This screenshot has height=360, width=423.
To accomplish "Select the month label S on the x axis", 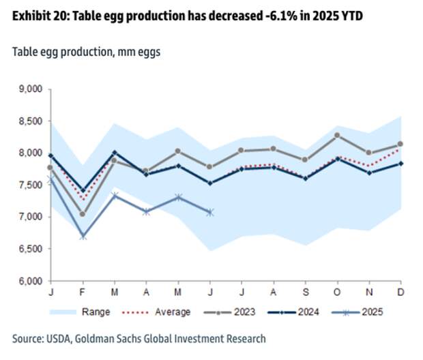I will pos(305,292).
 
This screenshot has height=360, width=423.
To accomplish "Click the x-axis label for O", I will pos(337,292).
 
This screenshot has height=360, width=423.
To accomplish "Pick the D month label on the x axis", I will pos(400,292).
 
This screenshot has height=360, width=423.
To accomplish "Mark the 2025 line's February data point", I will pos(83,236).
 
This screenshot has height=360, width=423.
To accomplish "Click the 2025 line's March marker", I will pos(115,196).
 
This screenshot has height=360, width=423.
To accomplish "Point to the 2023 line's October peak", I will pos(337,135).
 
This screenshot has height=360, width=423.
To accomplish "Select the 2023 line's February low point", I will pos(83,214).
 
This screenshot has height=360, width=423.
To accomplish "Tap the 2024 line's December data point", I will pos(400,163).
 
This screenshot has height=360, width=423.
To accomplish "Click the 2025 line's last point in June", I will pos(209,212).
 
